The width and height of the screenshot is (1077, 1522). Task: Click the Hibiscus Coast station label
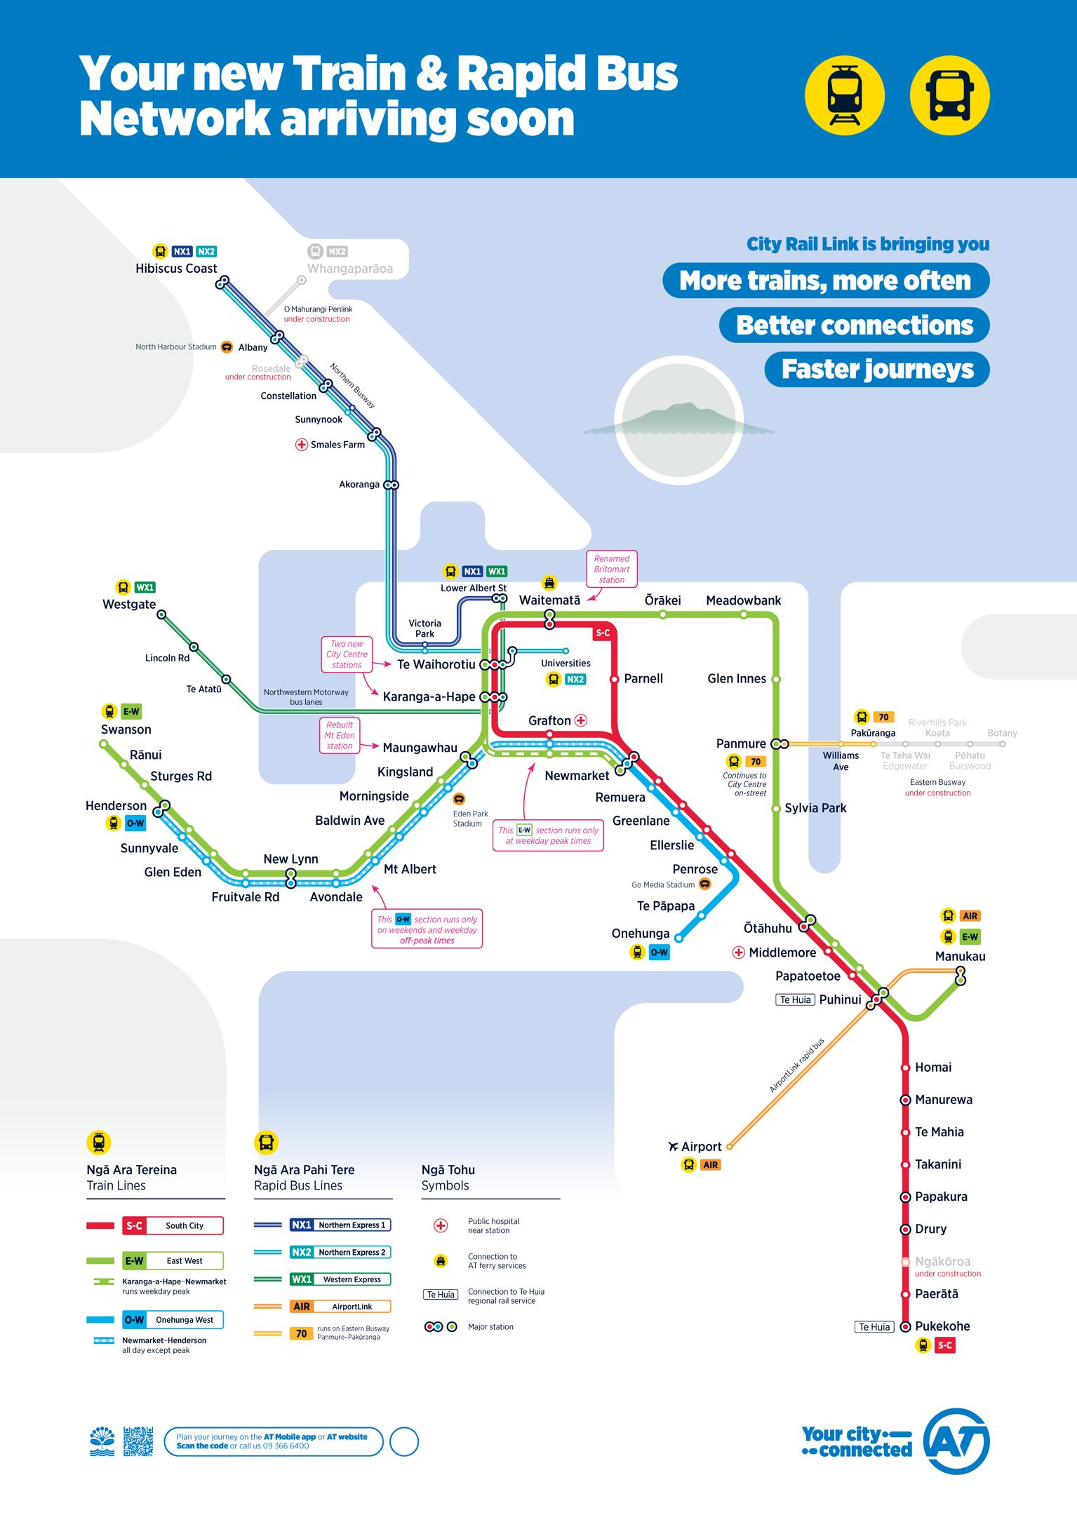tap(176, 269)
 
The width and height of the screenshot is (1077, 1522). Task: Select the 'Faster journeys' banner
tap(877, 370)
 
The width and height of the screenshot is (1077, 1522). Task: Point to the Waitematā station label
tap(549, 600)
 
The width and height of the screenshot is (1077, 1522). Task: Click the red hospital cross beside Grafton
tap(581, 720)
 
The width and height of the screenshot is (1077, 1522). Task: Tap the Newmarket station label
tap(577, 776)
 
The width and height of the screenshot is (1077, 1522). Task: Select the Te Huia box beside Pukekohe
tap(874, 1327)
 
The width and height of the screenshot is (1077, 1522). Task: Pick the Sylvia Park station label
tap(815, 808)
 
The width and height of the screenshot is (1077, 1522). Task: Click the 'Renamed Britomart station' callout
tap(612, 570)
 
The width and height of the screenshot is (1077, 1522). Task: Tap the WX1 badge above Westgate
tap(145, 588)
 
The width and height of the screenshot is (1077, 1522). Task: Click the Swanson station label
tap(126, 729)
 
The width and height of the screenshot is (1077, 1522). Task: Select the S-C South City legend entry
tap(173, 1226)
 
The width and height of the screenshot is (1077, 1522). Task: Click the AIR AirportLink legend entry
tap(340, 1307)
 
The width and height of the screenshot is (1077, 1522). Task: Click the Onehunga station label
tap(641, 934)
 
